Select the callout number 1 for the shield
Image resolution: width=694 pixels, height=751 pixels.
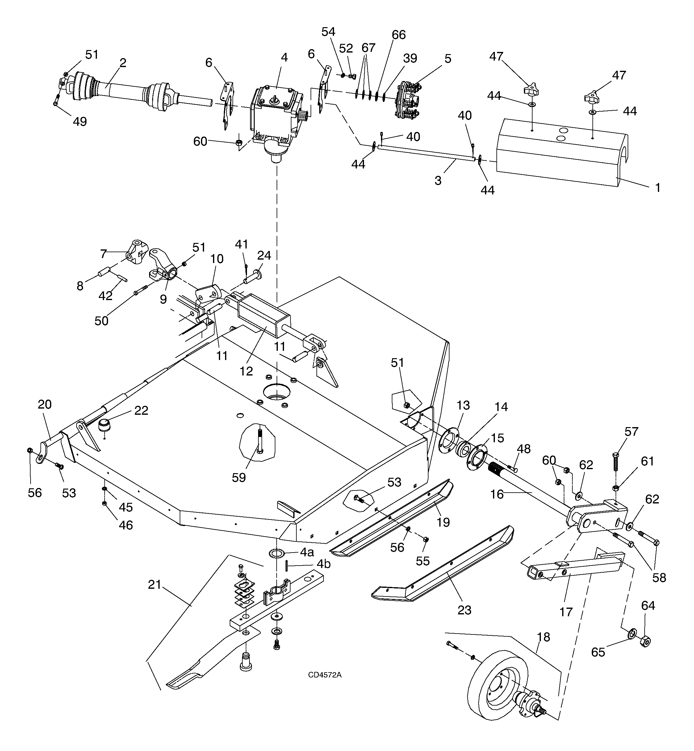click(x=658, y=188)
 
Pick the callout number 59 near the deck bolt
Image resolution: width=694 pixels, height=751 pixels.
click(x=239, y=478)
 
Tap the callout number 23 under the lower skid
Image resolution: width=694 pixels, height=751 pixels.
click(x=464, y=610)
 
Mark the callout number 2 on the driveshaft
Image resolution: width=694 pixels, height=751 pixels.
click(x=123, y=63)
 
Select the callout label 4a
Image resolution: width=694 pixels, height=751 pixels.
click(x=307, y=552)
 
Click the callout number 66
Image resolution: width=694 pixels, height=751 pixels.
click(x=399, y=35)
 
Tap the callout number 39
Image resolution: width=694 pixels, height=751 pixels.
click(x=410, y=58)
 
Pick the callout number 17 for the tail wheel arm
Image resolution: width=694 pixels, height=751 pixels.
click(x=566, y=612)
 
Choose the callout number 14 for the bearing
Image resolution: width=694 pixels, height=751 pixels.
click(x=501, y=407)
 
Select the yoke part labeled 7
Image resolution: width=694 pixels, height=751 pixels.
click(x=135, y=252)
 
